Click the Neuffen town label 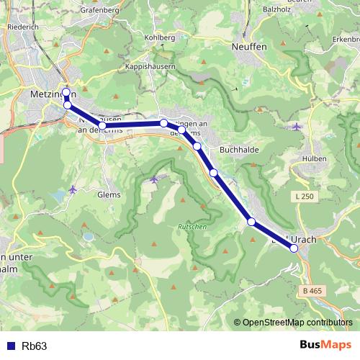point(250,46)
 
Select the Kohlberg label point(159,37)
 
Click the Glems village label point(109,194)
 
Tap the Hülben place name point(315,158)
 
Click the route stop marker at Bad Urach point(294,248)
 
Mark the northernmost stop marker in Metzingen point(67,92)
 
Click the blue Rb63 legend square point(9,346)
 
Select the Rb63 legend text point(35,346)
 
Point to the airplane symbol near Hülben point(297,127)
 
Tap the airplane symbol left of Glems point(73,189)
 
